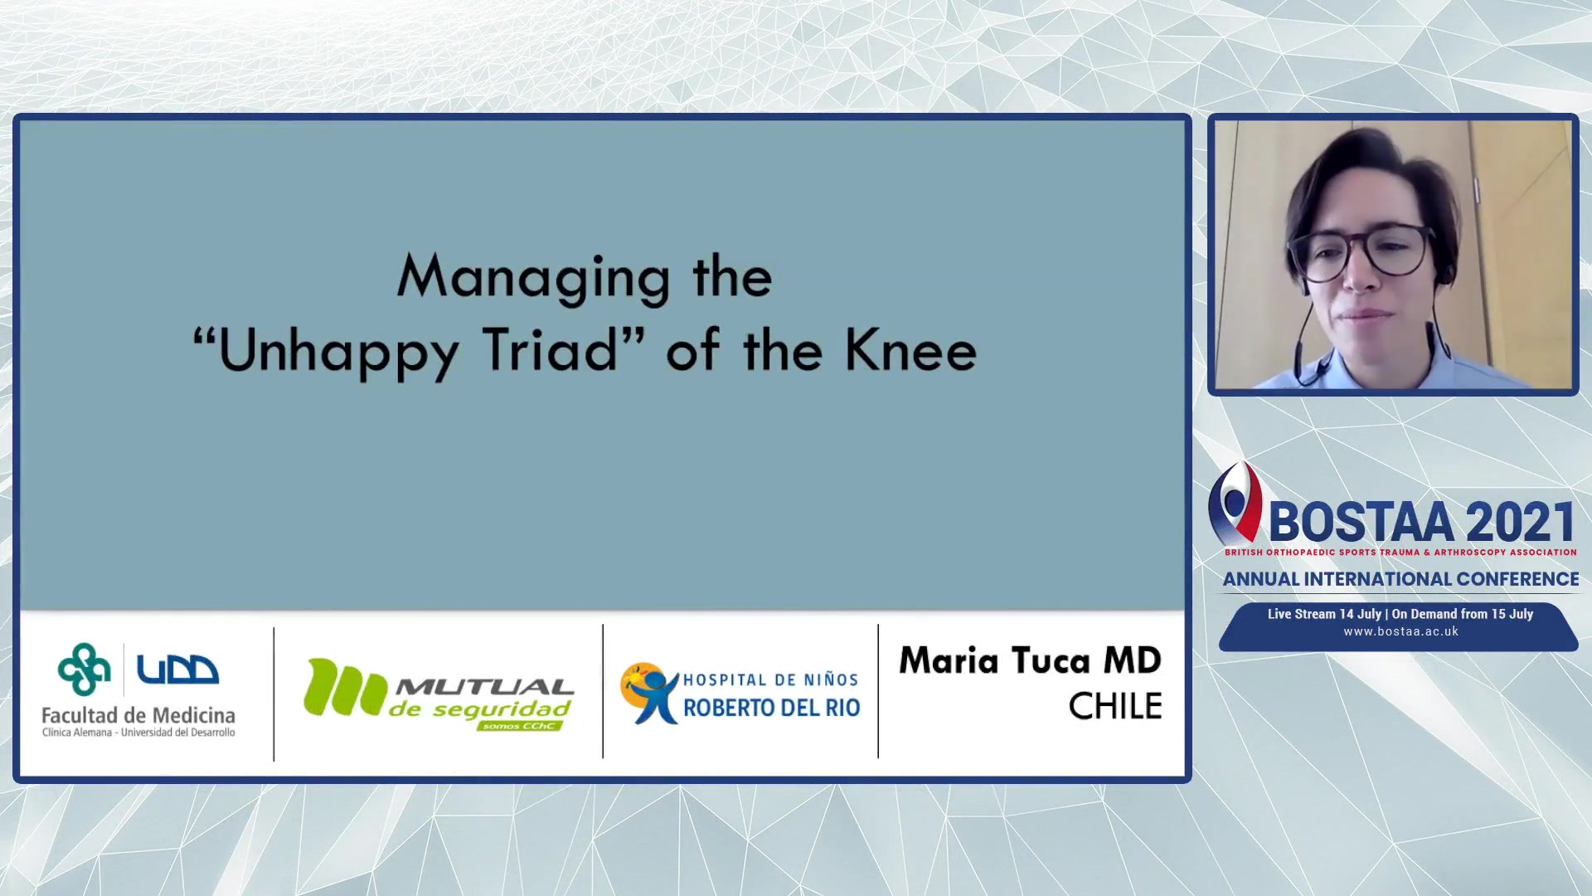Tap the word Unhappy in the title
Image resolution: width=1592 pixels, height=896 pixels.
(338, 352)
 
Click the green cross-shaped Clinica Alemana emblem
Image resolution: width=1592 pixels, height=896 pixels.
(84, 669)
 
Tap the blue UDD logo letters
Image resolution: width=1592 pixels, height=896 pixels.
(177, 670)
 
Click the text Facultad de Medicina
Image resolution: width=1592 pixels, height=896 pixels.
(138, 715)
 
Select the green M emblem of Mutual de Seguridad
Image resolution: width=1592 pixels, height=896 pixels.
(345, 687)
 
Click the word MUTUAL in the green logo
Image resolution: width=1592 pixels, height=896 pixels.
(484, 687)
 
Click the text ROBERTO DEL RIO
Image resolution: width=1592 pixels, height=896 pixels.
(771, 708)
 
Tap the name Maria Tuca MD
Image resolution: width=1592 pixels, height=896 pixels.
(1030, 661)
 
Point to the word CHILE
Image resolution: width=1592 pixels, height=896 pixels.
(1115, 707)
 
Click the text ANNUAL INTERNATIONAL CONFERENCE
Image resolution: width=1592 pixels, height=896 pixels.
(1400, 579)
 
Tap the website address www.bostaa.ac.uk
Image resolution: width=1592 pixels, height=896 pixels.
(1400, 631)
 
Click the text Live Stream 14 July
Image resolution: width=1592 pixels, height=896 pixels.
(1324, 614)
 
